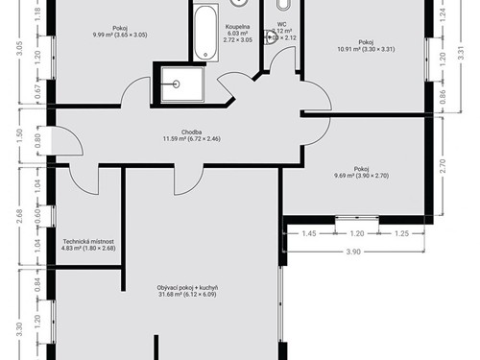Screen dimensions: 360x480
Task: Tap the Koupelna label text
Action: click(x=238, y=29)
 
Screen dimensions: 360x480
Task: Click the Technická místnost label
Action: click(x=89, y=242)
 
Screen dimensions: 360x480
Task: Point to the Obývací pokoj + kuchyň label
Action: click(x=187, y=287)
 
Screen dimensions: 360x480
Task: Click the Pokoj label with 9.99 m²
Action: click(x=120, y=28)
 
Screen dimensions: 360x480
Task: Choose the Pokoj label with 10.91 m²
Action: click(x=366, y=42)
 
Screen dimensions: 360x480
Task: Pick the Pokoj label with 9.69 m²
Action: click(x=360, y=169)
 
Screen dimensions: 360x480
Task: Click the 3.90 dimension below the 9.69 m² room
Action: click(x=352, y=252)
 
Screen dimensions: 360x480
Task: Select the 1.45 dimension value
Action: click(x=308, y=233)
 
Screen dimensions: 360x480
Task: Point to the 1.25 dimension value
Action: click(x=401, y=233)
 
